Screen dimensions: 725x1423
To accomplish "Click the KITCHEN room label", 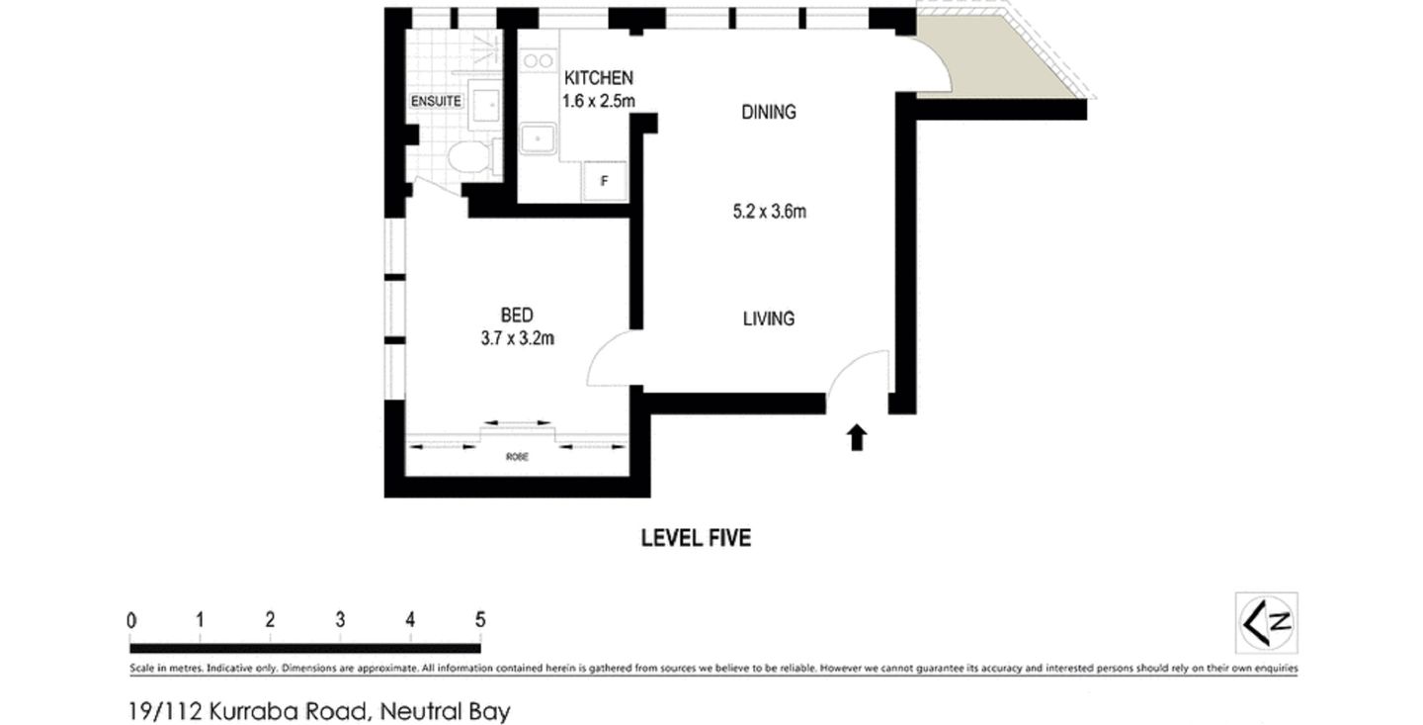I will pyautogui.click(x=598, y=78).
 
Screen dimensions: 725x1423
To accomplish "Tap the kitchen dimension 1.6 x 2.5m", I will pyautogui.click(x=598, y=100).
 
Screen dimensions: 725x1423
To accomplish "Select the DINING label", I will pyautogui.click(x=769, y=112).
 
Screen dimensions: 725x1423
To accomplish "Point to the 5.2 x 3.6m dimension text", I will pyautogui.click(x=769, y=211).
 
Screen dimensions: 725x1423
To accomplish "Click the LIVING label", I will pyautogui.click(x=769, y=318).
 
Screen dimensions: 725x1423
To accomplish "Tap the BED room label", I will pyautogui.click(x=517, y=316).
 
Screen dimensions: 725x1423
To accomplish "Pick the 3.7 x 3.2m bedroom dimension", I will pyautogui.click(x=517, y=338).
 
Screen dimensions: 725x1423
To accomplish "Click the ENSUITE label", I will pyautogui.click(x=436, y=101).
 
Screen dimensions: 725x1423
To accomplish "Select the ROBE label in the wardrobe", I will pyautogui.click(x=517, y=457).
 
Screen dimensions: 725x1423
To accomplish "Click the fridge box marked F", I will pyautogui.click(x=605, y=181).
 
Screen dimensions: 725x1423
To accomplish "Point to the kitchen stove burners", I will pyautogui.click(x=538, y=61).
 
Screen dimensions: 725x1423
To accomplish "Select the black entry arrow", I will pyautogui.click(x=857, y=437).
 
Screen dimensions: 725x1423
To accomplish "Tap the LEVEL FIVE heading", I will pyautogui.click(x=696, y=538).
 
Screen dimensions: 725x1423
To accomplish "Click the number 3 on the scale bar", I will pyautogui.click(x=340, y=620).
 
